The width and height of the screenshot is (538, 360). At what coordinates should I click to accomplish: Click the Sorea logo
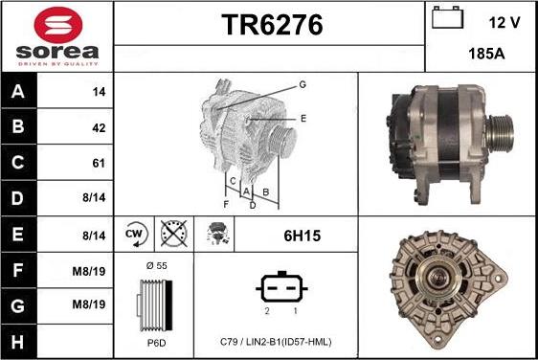56,35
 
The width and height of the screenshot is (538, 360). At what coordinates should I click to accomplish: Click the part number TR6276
271,27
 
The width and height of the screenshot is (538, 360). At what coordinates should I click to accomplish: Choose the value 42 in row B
98,127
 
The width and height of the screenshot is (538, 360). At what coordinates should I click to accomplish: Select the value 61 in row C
98,163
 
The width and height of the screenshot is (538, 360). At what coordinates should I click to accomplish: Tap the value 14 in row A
98,92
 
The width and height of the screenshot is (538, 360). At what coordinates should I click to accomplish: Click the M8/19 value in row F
95,271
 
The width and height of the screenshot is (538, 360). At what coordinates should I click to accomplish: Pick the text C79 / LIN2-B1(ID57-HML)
275,342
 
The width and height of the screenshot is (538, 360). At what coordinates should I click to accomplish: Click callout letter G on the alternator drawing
302,85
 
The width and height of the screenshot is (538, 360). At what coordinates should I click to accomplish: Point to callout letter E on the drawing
303,119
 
